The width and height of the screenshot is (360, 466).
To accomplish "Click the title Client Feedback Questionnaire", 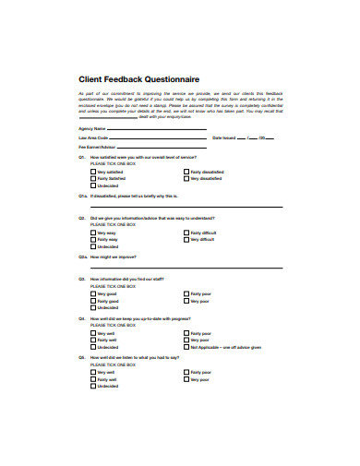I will click(138, 80).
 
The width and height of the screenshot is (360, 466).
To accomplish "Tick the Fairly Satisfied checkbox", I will click(93, 179).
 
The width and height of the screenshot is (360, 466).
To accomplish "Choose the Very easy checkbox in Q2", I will click(93, 233).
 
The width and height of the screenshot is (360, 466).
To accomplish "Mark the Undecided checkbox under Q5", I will click(93, 387).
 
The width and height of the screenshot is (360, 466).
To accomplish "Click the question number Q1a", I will click(82, 196).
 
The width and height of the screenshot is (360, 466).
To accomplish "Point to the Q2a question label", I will click(82, 257).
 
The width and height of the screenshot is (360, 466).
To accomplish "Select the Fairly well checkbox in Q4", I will click(93, 341).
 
